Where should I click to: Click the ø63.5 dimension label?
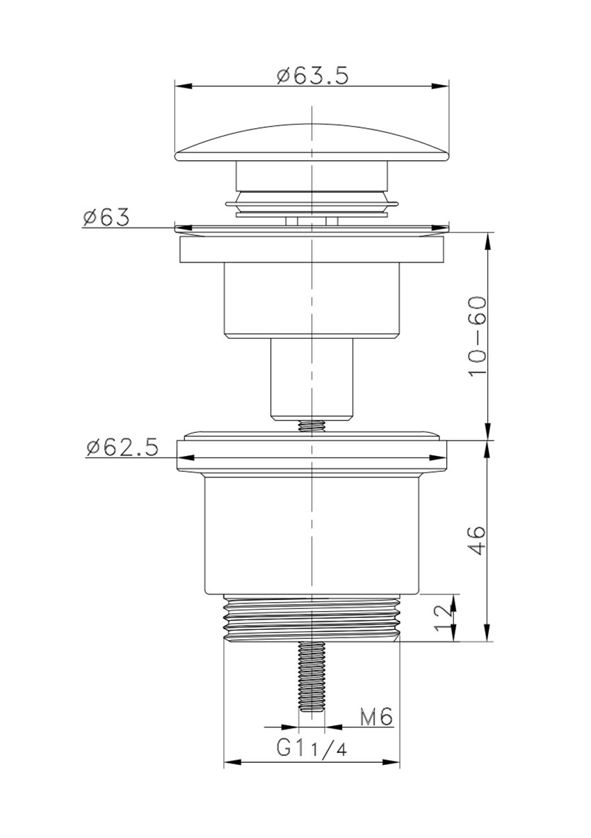312,76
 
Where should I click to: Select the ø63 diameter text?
106,217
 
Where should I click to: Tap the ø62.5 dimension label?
122,448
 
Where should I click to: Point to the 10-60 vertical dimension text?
478,336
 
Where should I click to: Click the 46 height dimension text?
477,541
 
